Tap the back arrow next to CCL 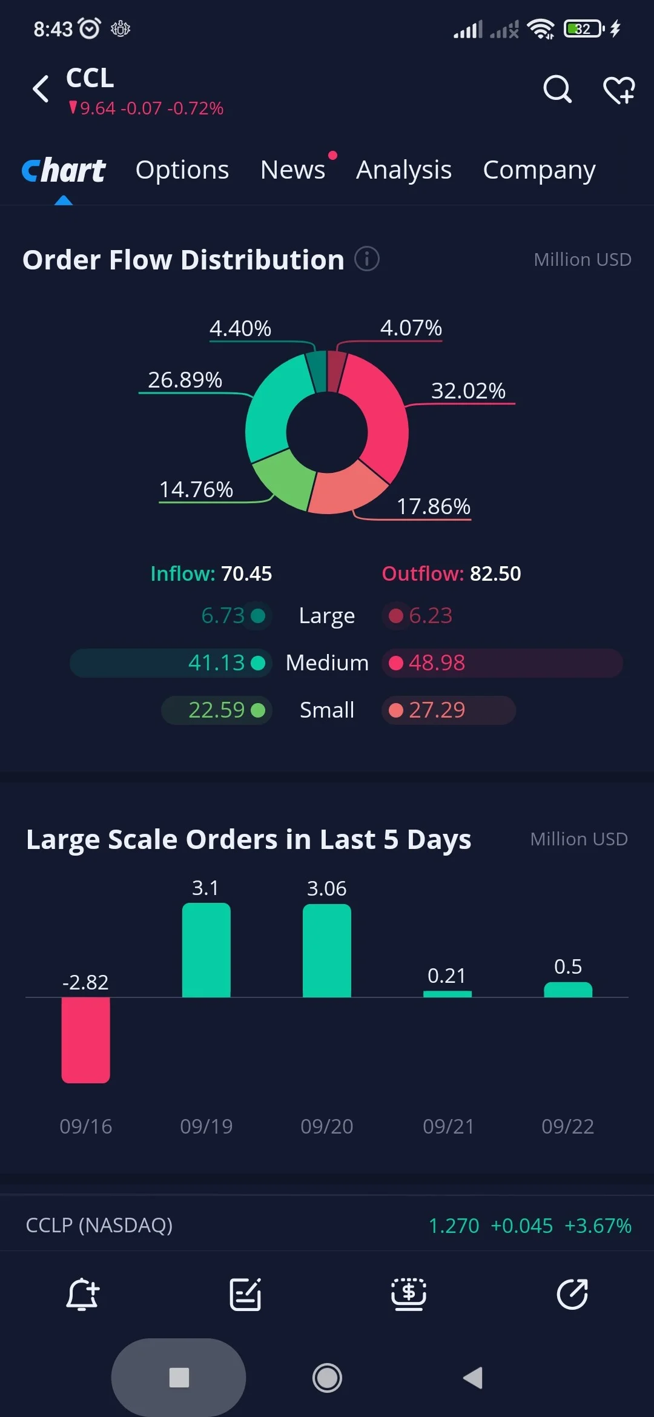(41, 89)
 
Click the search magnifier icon (557, 90)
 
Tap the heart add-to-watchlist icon (619, 90)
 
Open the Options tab (182, 170)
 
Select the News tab (292, 170)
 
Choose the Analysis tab (404, 170)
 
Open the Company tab (539, 170)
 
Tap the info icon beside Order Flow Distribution (367, 259)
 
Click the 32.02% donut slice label (468, 391)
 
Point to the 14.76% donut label (196, 489)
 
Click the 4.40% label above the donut (240, 328)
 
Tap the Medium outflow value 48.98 (437, 662)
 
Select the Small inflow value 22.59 (216, 710)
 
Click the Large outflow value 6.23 (431, 615)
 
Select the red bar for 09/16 (85, 1040)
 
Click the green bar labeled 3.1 (206, 950)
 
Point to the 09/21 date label (448, 1126)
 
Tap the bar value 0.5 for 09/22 (568, 966)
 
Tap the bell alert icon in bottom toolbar (82, 1294)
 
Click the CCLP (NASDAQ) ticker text (99, 1225)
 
